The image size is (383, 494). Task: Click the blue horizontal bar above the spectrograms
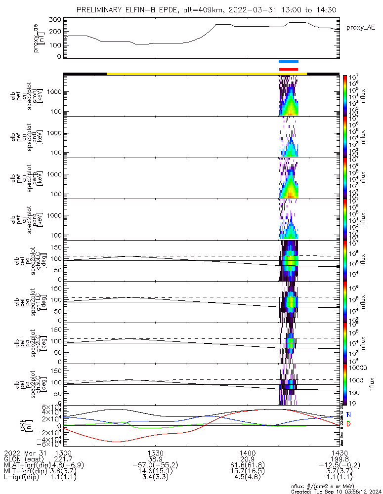[289, 62]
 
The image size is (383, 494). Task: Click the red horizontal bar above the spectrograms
[289, 69]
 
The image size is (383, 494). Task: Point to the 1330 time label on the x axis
[156, 453]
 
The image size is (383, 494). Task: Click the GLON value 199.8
[340, 459]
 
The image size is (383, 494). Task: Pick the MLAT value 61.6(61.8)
[248, 466]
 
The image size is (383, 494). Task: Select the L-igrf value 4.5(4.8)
[248, 479]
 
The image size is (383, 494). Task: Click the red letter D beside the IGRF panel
[349, 424]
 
